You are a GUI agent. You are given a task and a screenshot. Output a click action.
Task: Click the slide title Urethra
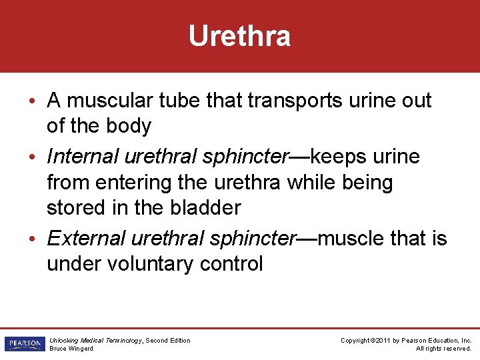239,36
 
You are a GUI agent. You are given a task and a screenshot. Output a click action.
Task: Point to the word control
231,263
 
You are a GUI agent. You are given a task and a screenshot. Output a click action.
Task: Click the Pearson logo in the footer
24,344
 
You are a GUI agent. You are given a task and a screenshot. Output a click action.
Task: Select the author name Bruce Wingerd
71,348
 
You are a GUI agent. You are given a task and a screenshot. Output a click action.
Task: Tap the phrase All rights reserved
443,348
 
